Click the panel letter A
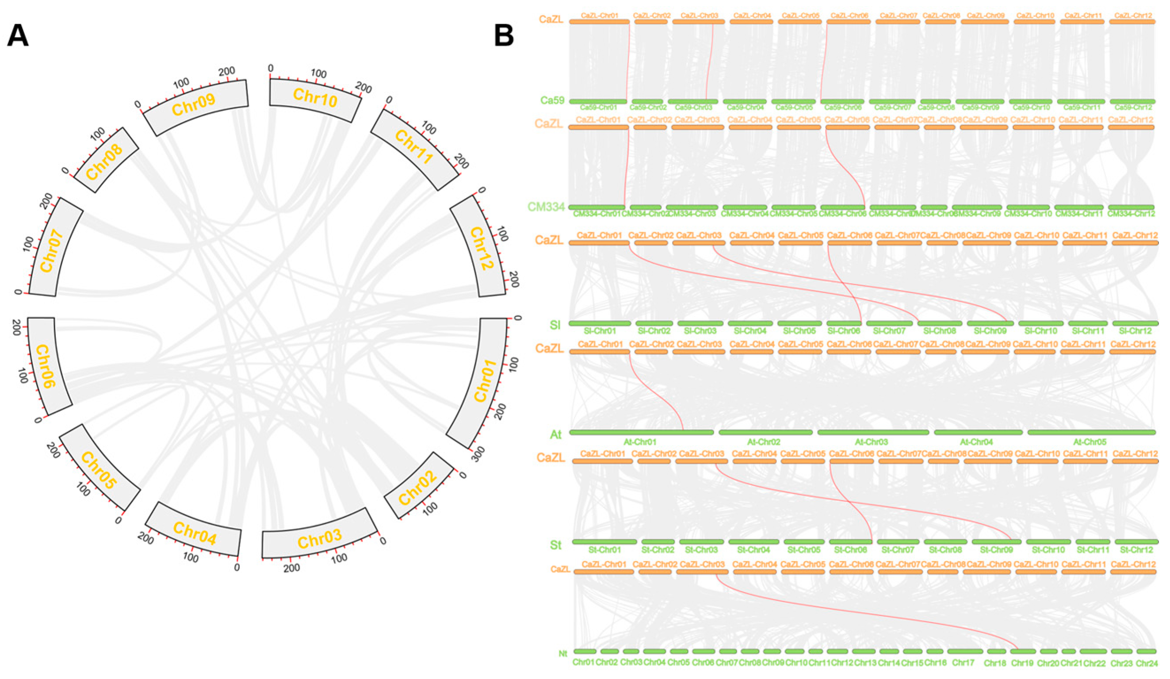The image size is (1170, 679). click(x=18, y=36)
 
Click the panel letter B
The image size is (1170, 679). click(x=504, y=36)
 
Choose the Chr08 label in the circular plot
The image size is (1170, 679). click(x=104, y=161)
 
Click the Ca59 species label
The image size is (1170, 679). click(x=552, y=100)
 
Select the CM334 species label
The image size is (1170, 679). click(x=546, y=207)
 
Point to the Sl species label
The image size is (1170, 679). click(x=555, y=325)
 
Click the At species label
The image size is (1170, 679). click(x=556, y=435)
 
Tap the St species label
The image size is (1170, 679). click(x=556, y=545)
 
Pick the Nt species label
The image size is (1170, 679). click(x=563, y=653)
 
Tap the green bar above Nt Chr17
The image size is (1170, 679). click(x=965, y=652)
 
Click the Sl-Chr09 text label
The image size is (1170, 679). click(x=990, y=331)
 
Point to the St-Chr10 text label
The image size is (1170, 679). click(x=1048, y=550)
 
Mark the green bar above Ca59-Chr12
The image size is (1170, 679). click(x=1133, y=101)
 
